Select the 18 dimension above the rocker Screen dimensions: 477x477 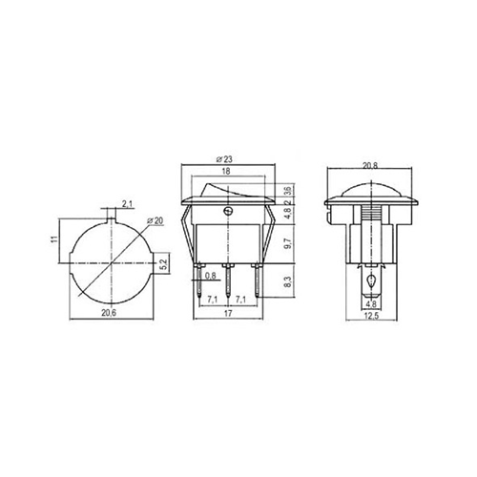[225, 171]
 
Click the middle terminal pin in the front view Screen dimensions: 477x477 [226, 280]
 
